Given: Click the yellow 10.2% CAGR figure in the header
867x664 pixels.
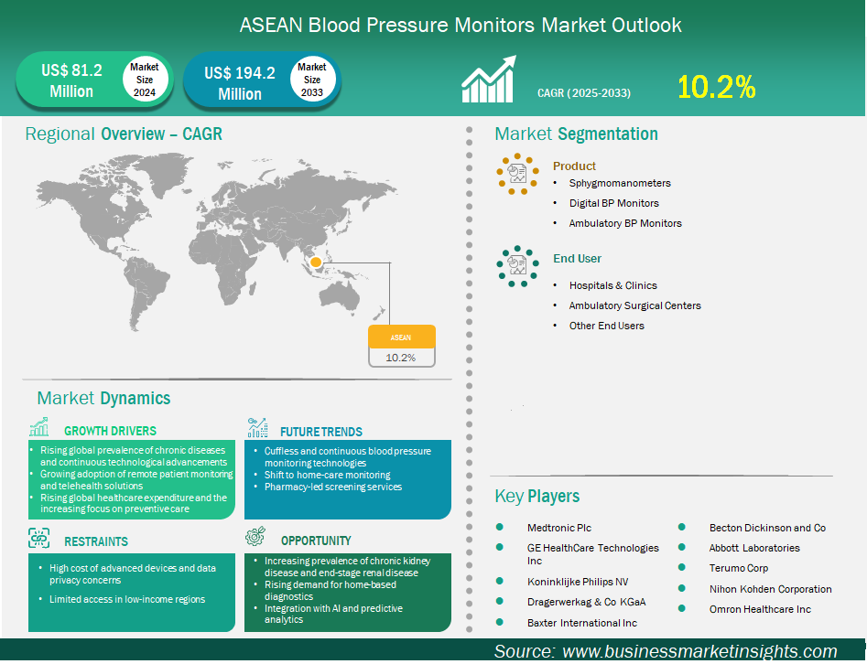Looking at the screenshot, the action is [x=716, y=87].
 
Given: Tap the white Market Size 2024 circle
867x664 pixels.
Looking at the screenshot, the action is [x=145, y=79].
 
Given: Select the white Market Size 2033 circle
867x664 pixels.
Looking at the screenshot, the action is [x=312, y=79].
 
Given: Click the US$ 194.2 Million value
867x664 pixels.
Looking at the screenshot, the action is [x=240, y=83].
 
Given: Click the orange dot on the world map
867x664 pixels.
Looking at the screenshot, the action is [x=316, y=262].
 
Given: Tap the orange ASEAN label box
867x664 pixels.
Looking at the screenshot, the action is [x=401, y=337].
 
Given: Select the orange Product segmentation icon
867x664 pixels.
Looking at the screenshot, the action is [x=517, y=174].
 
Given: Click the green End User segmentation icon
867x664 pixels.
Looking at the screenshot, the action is [x=517, y=266].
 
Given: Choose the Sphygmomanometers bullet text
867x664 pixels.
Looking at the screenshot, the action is [x=620, y=184].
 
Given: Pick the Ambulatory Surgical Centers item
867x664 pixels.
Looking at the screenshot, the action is [x=634, y=305].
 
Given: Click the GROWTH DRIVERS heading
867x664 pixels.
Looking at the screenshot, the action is [x=110, y=431].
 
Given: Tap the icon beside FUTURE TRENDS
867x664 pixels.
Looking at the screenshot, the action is [x=257, y=427].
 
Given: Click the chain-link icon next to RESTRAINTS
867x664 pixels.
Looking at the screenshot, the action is [x=38, y=538].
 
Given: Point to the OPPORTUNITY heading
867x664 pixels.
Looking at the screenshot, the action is [x=316, y=541].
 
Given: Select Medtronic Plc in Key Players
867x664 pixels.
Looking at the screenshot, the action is [x=559, y=528].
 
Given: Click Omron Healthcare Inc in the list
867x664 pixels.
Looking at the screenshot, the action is [x=760, y=609].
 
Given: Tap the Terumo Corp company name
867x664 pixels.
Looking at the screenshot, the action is [x=738, y=569].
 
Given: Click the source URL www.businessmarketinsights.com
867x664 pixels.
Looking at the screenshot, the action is [x=699, y=651].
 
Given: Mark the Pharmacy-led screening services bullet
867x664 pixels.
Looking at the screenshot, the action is [x=333, y=487].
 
